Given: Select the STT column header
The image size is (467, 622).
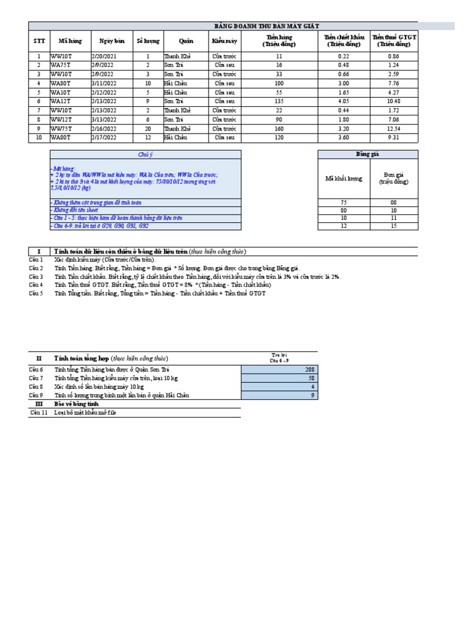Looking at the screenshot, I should (39, 41).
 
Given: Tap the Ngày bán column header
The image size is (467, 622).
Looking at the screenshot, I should (112, 41).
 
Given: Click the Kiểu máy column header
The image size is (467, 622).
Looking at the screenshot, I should (224, 41).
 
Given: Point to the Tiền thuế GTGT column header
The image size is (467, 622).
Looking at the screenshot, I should (394, 41).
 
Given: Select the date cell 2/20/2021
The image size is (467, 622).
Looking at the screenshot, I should (105, 56).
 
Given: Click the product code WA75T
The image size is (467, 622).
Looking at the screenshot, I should (60, 64).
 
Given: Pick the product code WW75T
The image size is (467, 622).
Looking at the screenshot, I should (61, 129).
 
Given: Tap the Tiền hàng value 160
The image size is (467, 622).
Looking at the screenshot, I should (278, 129).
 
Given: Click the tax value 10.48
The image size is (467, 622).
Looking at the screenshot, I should (393, 101).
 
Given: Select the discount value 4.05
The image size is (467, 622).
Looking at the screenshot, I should (343, 101).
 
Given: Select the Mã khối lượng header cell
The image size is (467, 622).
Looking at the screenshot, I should (344, 179).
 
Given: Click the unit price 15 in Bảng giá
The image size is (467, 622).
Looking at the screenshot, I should (393, 226).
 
